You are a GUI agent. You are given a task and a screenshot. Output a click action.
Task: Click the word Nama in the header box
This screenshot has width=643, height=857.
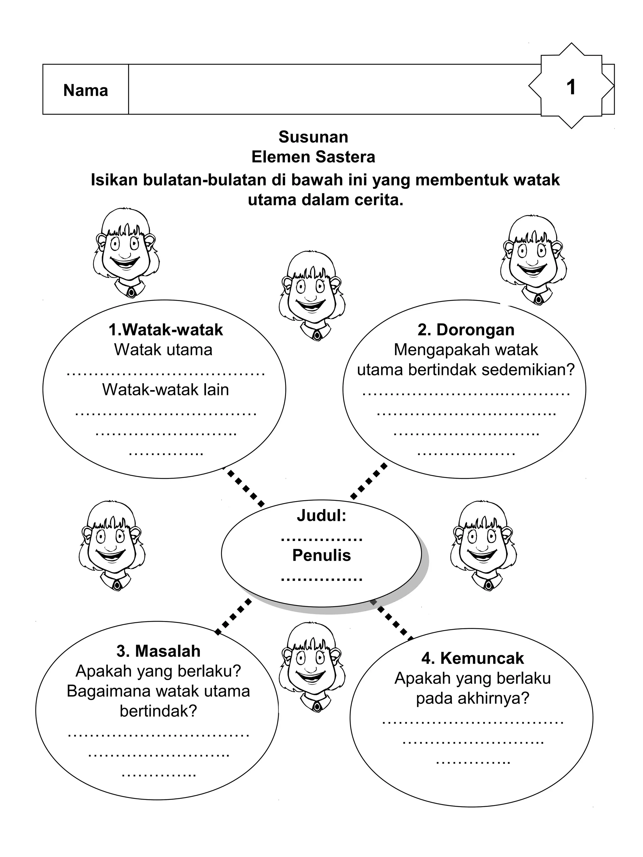85,91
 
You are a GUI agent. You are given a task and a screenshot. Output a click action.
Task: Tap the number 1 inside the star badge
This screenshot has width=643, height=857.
570,87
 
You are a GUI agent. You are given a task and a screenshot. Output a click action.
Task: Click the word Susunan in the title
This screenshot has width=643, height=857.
313,137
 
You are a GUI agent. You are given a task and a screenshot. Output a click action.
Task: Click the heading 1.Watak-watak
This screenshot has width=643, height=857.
165,330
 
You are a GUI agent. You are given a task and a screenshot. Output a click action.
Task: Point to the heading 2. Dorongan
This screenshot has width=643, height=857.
466,330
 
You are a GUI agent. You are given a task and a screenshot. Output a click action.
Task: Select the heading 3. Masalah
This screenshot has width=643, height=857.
158,651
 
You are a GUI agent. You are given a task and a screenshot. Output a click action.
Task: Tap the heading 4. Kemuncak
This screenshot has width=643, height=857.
473,658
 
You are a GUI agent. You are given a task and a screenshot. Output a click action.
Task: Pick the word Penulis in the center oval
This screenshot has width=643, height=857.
321,555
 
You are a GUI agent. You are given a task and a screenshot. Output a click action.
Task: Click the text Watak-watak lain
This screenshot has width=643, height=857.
165,390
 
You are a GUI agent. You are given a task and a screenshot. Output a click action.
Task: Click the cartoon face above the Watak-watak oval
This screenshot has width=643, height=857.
126,253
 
